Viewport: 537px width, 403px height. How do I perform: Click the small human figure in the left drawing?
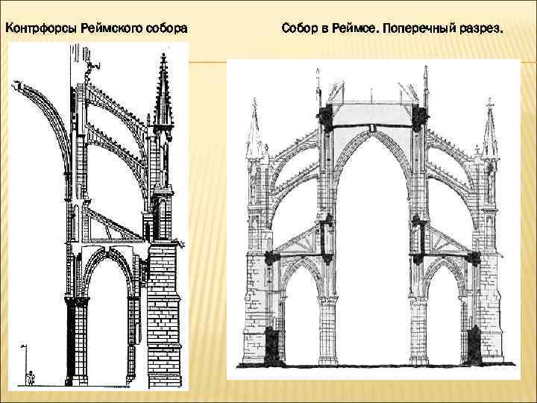(30, 378)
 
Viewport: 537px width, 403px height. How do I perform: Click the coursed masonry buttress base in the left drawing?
(163, 313)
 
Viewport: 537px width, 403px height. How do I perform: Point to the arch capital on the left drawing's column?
(77, 301)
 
